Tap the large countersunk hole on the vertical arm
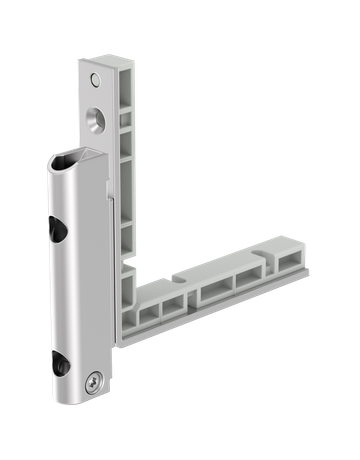point(95,116)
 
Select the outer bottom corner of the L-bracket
point(124,340)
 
